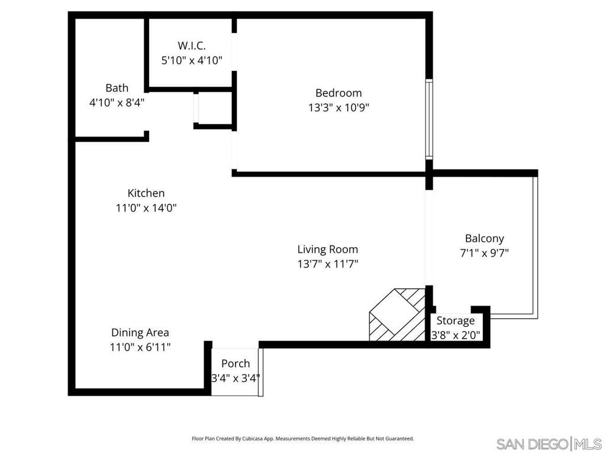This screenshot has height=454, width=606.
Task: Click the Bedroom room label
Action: pos(338,93)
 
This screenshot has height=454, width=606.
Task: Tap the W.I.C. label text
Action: pos(192,46)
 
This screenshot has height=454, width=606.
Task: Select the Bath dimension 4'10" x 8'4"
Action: pos(117,102)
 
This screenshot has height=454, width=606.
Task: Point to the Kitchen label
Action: pos(146,193)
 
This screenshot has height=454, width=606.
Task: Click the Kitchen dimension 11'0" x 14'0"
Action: pos(146,208)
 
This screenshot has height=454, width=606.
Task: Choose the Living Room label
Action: pos(327,249)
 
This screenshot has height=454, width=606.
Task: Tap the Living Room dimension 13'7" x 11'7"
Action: pos(327,264)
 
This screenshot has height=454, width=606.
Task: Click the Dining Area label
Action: pos(140,333)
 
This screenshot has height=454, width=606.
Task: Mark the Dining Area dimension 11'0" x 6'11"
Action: pos(140,348)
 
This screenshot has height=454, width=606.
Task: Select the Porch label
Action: pos(236,364)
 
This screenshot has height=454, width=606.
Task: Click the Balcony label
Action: pos(484,239)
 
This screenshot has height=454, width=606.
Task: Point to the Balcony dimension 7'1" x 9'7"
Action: pos(484,253)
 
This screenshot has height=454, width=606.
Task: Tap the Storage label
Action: pos(456,321)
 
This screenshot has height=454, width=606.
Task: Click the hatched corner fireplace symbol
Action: pos(395,314)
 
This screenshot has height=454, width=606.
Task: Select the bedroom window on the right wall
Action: pos(429,119)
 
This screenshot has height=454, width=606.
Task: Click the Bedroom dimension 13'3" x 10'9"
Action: pos(338,108)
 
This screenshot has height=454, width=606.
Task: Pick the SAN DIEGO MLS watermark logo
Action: pos(548,443)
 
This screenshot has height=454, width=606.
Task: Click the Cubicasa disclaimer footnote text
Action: pos(302,439)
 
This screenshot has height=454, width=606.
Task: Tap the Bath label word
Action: pos(117,88)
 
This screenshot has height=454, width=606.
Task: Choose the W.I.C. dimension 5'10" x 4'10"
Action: pos(192,60)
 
